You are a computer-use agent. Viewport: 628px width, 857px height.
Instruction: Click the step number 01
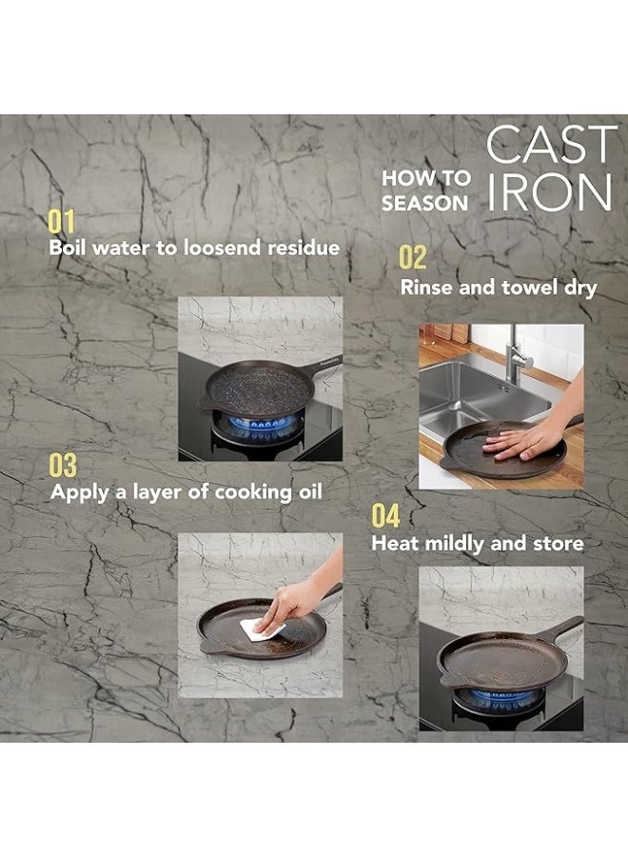(x=61, y=222)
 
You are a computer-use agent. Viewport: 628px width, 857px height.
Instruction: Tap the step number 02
(x=412, y=257)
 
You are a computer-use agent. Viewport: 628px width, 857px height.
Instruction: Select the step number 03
(x=63, y=466)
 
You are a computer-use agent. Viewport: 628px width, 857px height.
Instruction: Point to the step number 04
(x=385, y=516)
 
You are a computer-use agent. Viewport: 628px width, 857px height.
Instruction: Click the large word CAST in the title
(x=552, y=145)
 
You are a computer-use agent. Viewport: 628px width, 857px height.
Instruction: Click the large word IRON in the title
(x=549, y=192)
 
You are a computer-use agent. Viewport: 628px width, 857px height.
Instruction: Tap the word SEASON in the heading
(x=425, y=204)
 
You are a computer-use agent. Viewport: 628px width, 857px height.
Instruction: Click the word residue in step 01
(x=304, y=248)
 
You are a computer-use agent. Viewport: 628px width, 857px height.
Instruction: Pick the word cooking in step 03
(x=253, y=492)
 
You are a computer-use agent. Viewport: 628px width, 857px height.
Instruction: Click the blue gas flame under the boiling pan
(x=264, y=425)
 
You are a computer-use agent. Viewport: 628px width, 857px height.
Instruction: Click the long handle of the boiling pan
(x=324, y=369)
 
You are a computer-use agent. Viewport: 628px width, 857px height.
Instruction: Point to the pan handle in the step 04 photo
(x=559, y=628)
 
